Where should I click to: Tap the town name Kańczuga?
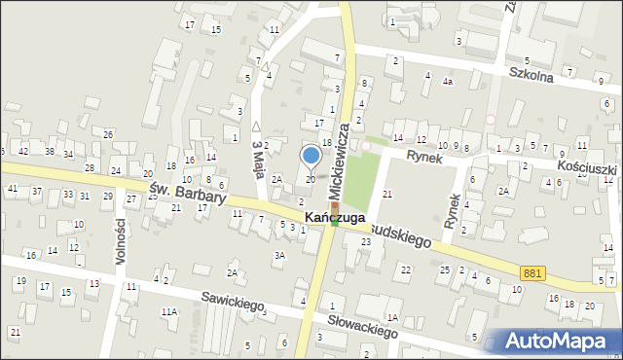(x=335, y=217)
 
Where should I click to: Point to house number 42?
(x=22, y=151)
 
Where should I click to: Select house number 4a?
(x=447, y=82)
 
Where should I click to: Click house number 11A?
(x=168, y=311)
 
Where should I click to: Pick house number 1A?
(x=392, y=317)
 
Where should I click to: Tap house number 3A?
(x=279, y=255)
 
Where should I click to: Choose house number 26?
(x=108, y=133)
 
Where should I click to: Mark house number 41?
(x=13, y=188)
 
